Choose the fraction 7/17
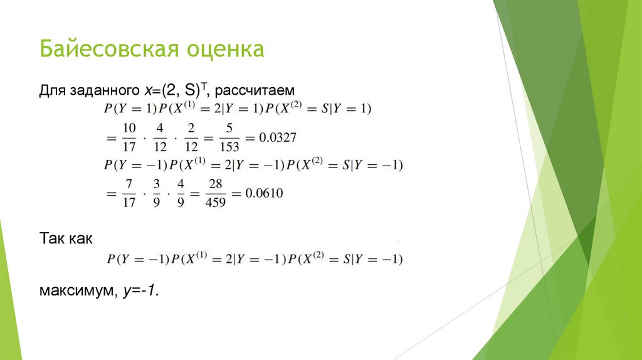[129, 194]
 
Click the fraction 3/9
[156, 194]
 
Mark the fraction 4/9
[181, 194]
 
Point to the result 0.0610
[264, 194]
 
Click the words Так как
[66, 239]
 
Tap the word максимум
[75, 292]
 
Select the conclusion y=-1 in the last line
[141, 292]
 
